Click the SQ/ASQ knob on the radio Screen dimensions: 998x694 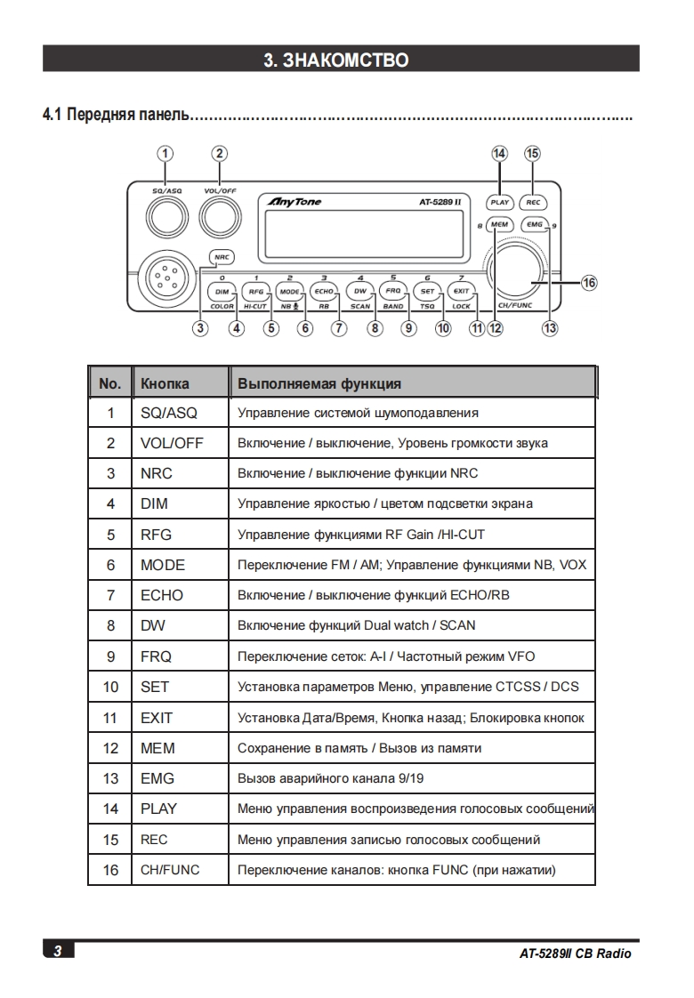[x=165, y=214]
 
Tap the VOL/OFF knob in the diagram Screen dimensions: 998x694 [x=219, y=214]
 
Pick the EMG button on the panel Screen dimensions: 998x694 [x=534, y=225]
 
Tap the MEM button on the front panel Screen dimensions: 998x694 [x=499, y=225]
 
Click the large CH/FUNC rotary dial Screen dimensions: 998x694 [x=515, y=270]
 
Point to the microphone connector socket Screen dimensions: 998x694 [x=163, y=277]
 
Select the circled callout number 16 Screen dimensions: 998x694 [x=589, y=283]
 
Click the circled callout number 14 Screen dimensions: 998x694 [x=499, y=153]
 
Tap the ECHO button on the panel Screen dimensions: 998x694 [x=324, y=291]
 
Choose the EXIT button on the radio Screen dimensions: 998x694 [x=460, y=291]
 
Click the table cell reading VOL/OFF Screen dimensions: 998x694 [x=172, y=443]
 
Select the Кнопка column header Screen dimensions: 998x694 [x=165, y=383]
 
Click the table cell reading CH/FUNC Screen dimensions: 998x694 [x=170, y=870]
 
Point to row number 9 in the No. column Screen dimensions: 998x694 [x=110, y=656]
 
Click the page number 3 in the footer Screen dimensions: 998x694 [x=58, y=952]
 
